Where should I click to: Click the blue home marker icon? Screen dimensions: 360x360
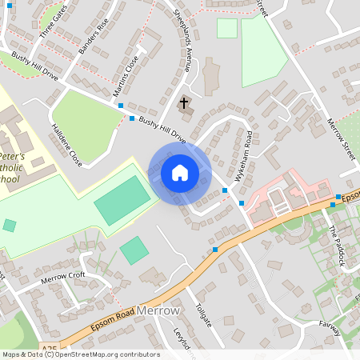179,173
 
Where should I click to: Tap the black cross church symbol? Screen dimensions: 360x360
185,102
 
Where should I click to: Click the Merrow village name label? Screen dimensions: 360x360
159,310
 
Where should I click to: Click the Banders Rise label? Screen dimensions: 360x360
93,37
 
